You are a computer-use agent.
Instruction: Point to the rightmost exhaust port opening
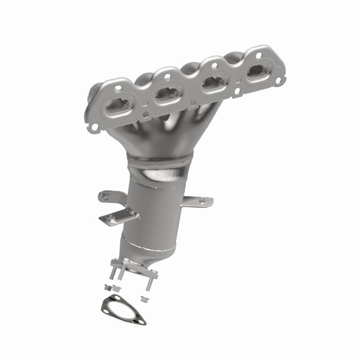click(x=259, y=70)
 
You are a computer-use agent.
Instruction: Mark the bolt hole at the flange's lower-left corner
click(x=95, y=125)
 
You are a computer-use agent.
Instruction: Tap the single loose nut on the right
click(x=145, y=299)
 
